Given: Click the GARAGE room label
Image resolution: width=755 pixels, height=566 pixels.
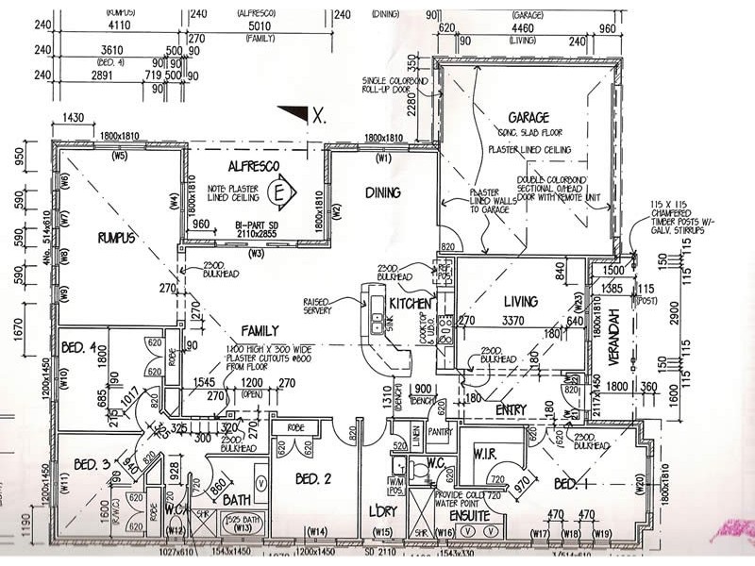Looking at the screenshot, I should [528, 118].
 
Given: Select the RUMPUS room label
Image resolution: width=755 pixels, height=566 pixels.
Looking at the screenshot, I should [117, 238].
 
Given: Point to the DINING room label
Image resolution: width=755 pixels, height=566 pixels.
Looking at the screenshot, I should [382, 192].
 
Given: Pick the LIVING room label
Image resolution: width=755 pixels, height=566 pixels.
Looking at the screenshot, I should [520, 302].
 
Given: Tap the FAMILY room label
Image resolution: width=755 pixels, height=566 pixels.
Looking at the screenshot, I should [259, 331].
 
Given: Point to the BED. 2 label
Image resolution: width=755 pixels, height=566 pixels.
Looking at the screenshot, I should [312, 479].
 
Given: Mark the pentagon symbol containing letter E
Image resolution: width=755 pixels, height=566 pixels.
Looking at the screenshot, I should [280, 193].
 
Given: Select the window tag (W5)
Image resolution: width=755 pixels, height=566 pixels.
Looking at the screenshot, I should [119, 156].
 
